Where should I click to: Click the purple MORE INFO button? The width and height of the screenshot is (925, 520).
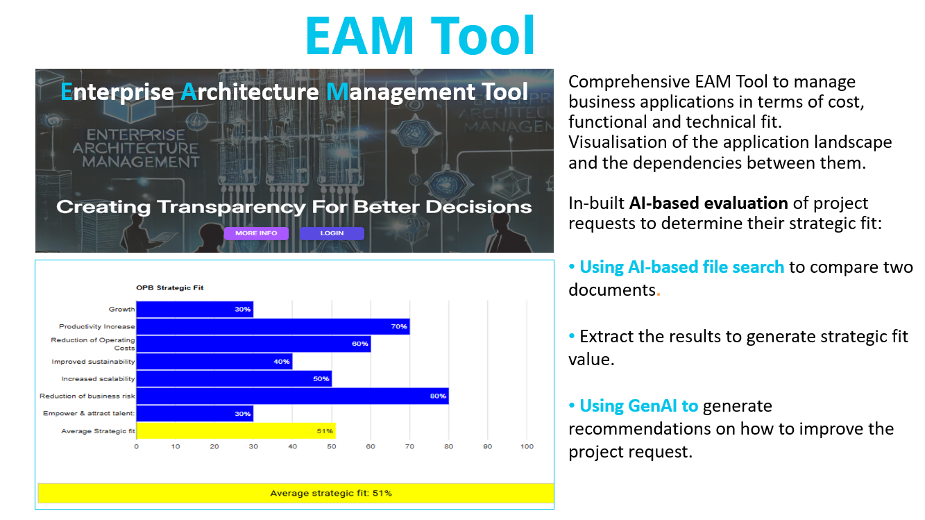[x=256, y=233]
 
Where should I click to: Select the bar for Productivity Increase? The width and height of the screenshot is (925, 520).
[x=273, y=327]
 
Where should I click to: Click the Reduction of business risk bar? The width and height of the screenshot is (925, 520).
[x=292, y=396]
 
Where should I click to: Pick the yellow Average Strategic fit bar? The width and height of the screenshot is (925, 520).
[x=236, y=430]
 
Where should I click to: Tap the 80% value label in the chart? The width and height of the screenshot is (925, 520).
[x=438, y=396]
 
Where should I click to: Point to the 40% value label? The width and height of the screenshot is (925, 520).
[x=282, y=362]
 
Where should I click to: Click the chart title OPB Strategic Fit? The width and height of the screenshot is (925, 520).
[x=170, y=288]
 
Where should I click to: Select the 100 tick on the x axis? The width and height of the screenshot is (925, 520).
[x=527, y=446]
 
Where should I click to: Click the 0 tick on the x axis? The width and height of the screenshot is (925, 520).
[x=136, y=446]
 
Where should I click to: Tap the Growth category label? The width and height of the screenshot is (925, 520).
[x=122, y=310]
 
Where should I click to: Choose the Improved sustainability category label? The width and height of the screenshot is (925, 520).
[x=93, y=362]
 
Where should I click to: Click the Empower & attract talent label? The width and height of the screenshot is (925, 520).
[x=89, y=414]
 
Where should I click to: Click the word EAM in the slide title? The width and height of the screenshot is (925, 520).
[x=359, y=35]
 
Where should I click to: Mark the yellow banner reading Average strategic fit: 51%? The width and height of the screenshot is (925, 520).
[x=296, y=493]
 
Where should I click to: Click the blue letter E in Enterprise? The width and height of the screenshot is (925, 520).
[x=67, y=92]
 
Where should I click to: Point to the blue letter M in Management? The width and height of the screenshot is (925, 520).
[x=337, y=92]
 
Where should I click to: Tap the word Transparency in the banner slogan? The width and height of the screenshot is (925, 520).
[x=231, y=207]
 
